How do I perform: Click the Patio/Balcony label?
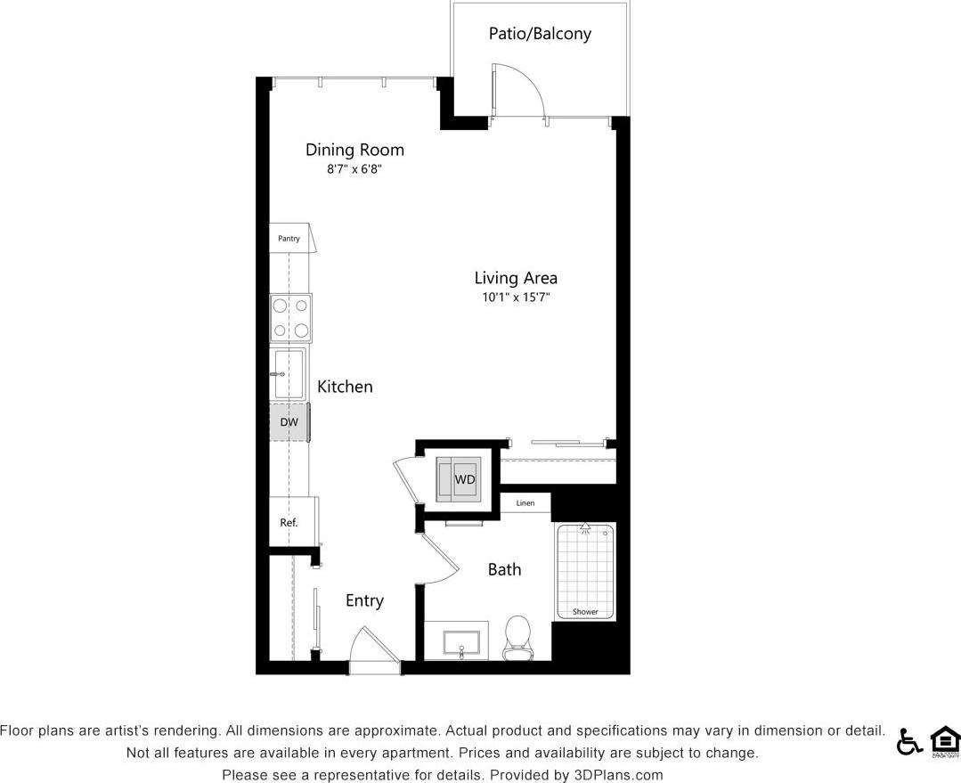[x=540, y=35]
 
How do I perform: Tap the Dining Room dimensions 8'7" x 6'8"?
[x=354, y=168]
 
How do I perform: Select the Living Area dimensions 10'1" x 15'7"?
[x=516, y=298]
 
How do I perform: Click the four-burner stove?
[x=291, y=318]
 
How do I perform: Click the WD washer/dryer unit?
[x=459, y=480]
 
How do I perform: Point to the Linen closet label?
[x=525, y=504]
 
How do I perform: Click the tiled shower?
[x=585, y=571]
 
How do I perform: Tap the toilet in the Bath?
[x=517, y=638]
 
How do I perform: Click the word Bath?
[x=504, y=569]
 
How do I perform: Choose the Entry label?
[x=364, y=601]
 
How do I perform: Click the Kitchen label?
[x=345, y=387]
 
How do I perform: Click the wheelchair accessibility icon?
[x=908, y=741]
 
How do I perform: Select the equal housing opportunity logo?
[x=945, y=741]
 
